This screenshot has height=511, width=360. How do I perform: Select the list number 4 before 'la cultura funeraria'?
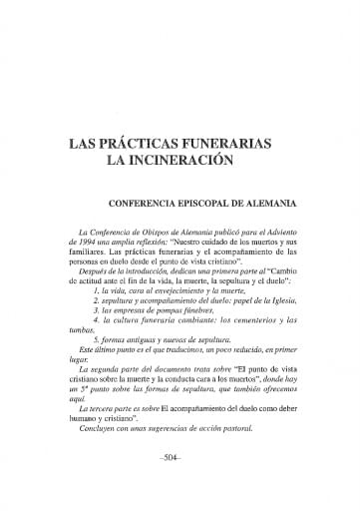(x=95, y=337)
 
